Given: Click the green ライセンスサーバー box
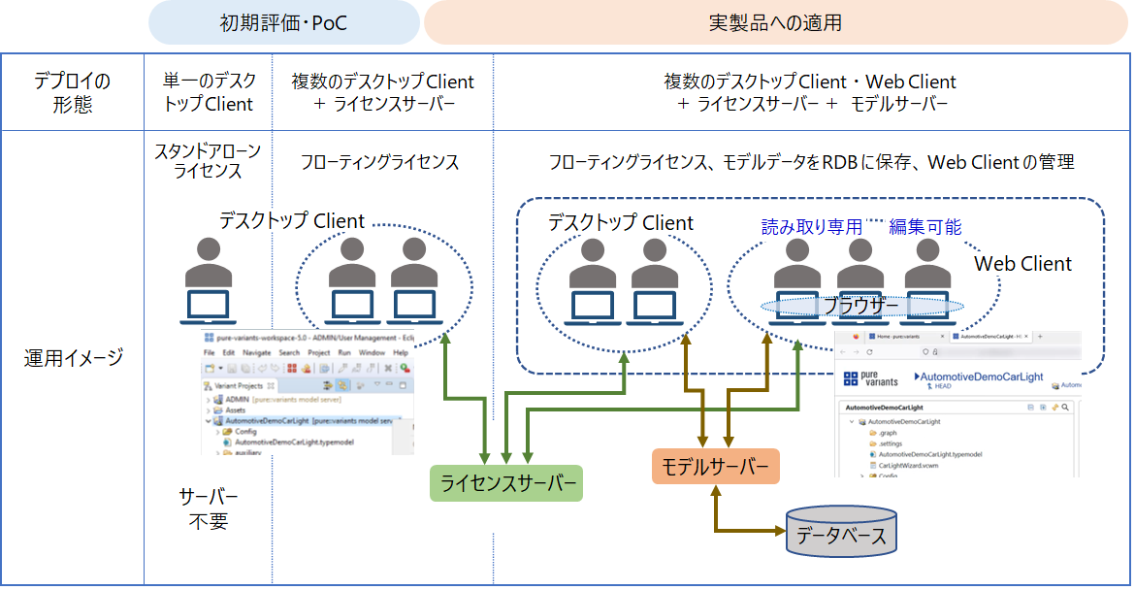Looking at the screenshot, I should point(505,482).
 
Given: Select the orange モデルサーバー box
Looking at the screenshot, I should point(715,468).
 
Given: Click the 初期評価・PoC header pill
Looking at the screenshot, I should point(283,22).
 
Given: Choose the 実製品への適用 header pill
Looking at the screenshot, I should point(776,22).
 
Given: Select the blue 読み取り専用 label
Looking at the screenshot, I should point(811,227).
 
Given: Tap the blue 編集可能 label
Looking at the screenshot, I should point(925,227).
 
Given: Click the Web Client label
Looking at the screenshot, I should point(1022,264).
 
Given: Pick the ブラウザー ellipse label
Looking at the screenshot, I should point(861,306).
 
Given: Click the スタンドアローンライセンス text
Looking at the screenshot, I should point(208,161).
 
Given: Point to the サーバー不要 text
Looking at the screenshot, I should point(208,508).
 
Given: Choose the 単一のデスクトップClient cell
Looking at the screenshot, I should point(208,92).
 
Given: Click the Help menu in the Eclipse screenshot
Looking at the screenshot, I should point(400,352).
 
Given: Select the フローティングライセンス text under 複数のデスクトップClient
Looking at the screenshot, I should point(379,162).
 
